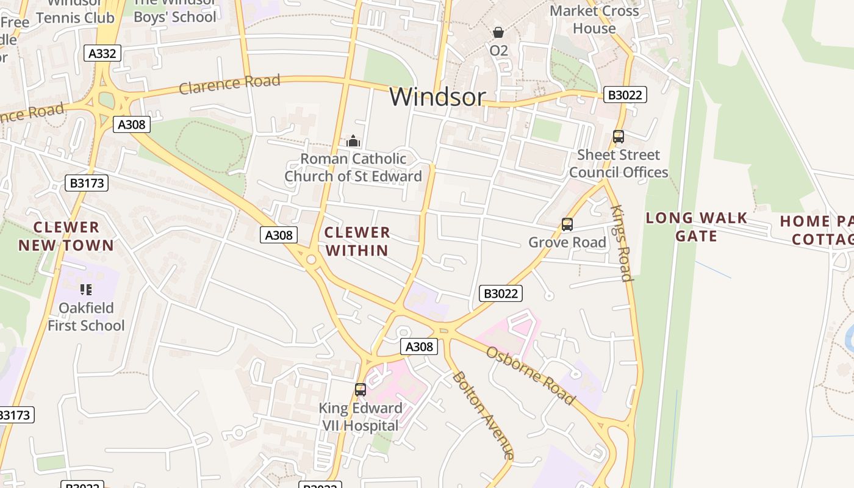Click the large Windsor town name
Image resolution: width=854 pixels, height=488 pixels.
tap(437, 97)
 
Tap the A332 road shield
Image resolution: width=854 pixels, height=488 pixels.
tap(102, 54)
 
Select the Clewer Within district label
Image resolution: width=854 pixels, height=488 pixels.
tap(357, 241)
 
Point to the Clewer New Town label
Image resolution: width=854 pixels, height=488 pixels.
tap(66, 236)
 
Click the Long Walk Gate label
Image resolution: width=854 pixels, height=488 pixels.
tap(696, 226)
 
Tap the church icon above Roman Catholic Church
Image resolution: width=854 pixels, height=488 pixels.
tap(353, 142)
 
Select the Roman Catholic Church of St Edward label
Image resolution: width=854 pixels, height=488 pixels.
tap(353, 168)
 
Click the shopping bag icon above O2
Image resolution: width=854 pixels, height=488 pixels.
tap(498, 32)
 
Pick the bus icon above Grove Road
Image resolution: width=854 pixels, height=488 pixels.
tap(567, 224)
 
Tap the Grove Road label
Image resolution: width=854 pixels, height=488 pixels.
tap(567, 242)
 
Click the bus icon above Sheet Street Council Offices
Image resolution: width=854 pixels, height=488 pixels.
tap(619, 137)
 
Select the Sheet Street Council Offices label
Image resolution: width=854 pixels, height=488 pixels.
tap(619, 163)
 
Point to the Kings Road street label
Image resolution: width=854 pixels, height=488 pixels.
tap(621, 243)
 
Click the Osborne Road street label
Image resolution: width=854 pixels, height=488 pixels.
tap(531, 375)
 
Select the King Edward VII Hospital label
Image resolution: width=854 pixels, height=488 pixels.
tap(361, 417)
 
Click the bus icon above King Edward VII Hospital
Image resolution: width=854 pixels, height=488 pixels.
tap(361, 389)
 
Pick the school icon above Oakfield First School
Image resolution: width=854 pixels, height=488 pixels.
tap(86, 290)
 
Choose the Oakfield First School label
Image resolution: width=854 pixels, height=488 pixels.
tap(86, 317)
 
